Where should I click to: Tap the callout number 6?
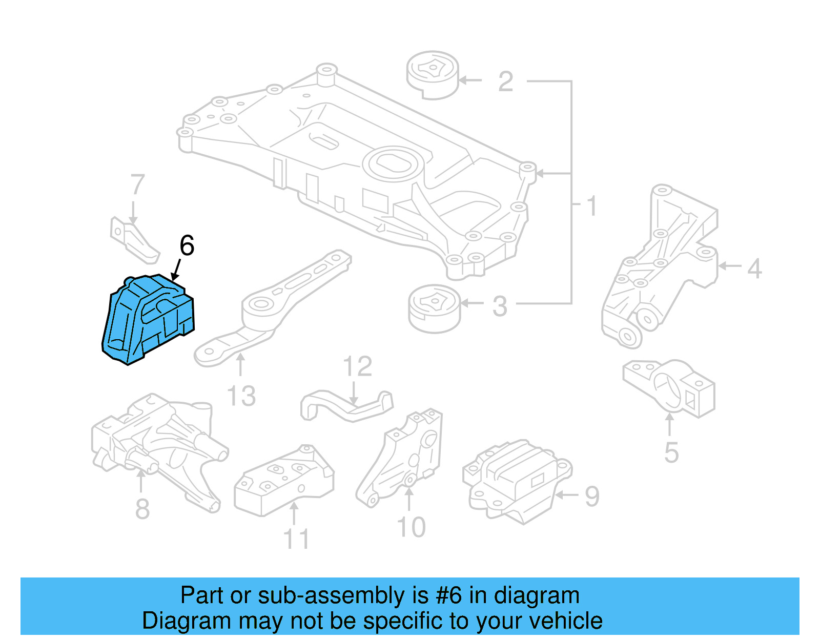pyautogui.click(x=187, y=246)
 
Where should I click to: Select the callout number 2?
pyautogui.click(x=505, y=82)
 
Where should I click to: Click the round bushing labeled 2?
pyautogui.click(x=433, y=75)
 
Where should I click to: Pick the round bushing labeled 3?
pyautogui.click(x=435, y=308)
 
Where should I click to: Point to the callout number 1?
pyautogui.click(x=592, y=206)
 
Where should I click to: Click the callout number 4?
pyautogui.click(x=754, y=269)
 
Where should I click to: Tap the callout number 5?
pyautogui.click(x=671, y=453)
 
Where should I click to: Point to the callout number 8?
pyautogui.click(x=142, y=509)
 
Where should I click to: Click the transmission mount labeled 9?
pyautogui.click(x=518, y=479)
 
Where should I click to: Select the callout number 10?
pyautogui.click(x=411, y=527)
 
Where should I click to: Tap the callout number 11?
pyautogui.click(x=296, y=540)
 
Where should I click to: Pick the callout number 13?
pyautogui.click(x=241, y=396)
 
